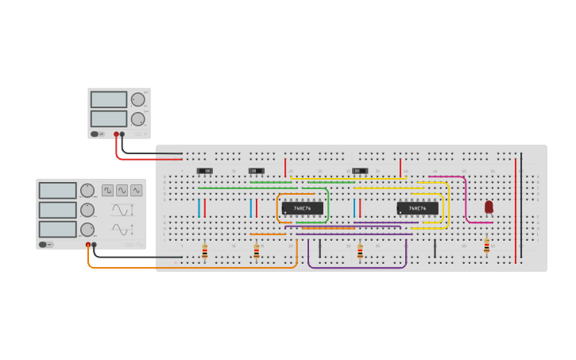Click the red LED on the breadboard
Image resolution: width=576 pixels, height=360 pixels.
[489, 207]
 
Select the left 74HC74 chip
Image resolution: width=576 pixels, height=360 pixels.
[302, 208]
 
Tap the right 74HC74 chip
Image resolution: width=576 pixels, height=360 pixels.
[417, 208]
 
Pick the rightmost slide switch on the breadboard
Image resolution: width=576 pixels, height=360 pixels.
[361, 171]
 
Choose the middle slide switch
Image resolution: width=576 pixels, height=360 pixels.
[256, 171]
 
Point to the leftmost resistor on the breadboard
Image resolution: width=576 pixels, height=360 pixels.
[204, 252]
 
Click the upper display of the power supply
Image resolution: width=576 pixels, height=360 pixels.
[109, 99]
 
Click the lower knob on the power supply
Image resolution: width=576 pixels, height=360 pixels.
[138, 119]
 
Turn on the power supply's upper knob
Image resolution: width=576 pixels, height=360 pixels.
[138, 99]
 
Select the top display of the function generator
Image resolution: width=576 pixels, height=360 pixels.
[57, 191]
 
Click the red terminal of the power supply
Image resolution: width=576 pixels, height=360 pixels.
[116, 134]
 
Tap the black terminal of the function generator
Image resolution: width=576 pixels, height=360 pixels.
[94, 245]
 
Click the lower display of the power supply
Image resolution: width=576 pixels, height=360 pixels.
[109, 118]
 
